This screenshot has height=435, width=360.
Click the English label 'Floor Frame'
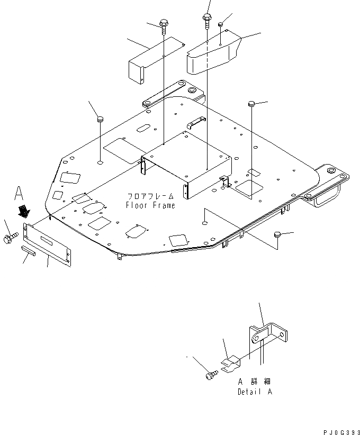tap(150, 205)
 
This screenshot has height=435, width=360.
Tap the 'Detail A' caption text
tap(256, 392)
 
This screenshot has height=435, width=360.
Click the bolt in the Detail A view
tap(209, 375)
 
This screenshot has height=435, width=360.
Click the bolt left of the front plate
tap(11, 238)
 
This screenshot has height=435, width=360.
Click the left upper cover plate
tap(154, 61)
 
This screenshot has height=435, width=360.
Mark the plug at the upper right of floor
tap(252, 103)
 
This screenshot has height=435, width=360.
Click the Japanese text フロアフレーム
tap(149, 195)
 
